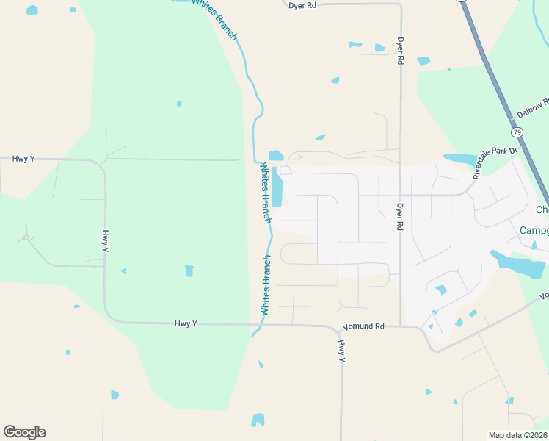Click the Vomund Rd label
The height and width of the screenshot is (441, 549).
[x=363, y=326]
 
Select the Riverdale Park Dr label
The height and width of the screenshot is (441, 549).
[x=495, y=163]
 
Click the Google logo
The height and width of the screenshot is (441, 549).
[x=24, y=432]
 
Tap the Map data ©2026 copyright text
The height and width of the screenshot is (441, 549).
[x=517, y=435]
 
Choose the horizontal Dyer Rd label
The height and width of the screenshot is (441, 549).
[x=302, y=5]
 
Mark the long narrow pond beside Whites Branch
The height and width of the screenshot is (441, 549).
[x=278, y=187]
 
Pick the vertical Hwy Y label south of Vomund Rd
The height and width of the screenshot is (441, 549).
[x=341, y=351]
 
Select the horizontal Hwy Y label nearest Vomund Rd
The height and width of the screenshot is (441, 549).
[x=187, y=323]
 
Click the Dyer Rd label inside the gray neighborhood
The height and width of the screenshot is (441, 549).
[x=401, y=217]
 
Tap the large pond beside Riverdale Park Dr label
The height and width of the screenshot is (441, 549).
[x=459, y=159]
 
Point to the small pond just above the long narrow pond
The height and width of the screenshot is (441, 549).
[x=276, y=155]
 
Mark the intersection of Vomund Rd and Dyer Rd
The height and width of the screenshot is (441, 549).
[x=400, y=326]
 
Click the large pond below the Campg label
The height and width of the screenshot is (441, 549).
[x=517, y=264]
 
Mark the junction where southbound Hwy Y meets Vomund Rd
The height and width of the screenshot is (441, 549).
[x=341, y=327]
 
